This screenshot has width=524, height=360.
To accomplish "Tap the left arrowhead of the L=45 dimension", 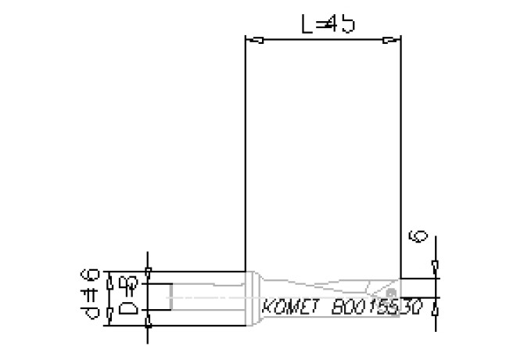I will (x=255, y=40).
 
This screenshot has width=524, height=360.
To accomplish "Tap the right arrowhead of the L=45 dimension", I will (x=391, y=40).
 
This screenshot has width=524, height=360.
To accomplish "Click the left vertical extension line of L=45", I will (x=246, y=157).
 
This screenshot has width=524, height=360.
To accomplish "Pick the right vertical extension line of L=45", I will (x=401, y=157).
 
